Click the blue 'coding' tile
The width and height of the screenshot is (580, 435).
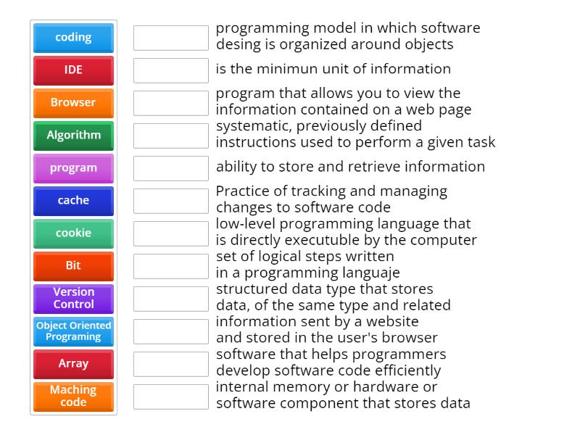[x=73, y=38]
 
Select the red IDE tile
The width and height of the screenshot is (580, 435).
[x=73, y=70]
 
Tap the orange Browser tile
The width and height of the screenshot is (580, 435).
[x=73, y=103]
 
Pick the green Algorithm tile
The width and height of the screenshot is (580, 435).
[x=73, y=136]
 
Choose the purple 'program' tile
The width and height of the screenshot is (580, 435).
[x=73, y=168]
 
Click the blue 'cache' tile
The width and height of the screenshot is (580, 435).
[x=73, y=201]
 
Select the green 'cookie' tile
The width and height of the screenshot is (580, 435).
[x=73, y=233]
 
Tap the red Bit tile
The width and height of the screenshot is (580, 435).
[x=73, y=266]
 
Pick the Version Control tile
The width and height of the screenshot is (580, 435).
[x=73, y=298]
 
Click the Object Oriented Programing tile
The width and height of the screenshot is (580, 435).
[x=73, y=331]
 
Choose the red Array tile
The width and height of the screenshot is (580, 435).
[x=73, y=364]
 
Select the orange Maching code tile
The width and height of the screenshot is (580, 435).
[x=73, y=396]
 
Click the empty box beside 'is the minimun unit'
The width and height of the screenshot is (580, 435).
[x=170, y=70]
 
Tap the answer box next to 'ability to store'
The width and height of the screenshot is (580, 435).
[x=170, y=168]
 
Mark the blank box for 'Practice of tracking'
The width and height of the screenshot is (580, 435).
[x=170, y=201]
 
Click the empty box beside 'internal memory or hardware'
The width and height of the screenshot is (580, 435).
[x=170, y=396]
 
